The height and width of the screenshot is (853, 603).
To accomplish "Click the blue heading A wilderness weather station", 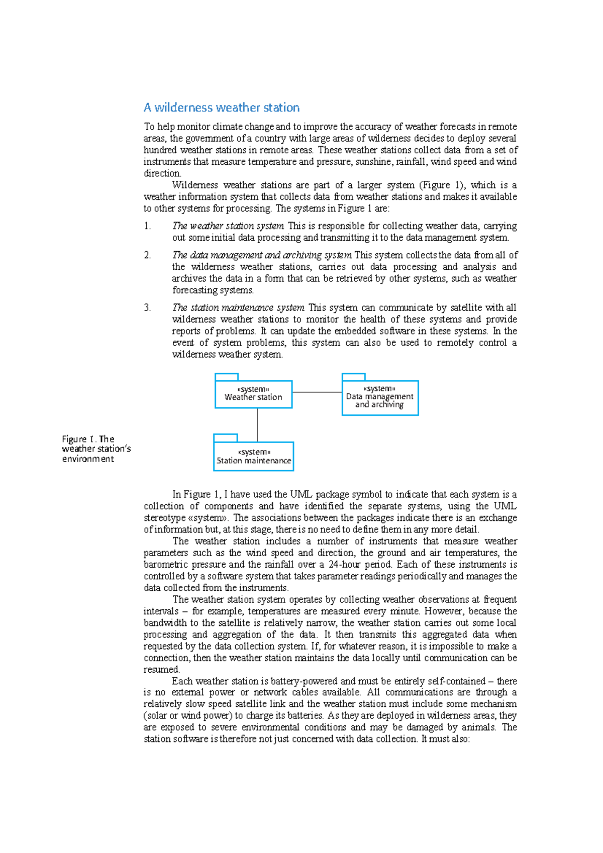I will (x=221, y=108).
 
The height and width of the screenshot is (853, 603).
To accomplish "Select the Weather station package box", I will (x=253, y=394).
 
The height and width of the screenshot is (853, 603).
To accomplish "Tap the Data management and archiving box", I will (x=380, y=398).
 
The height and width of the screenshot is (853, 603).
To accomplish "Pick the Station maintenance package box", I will (x=253, y=456).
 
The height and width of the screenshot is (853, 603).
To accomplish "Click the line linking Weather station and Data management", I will (x=317, y=392).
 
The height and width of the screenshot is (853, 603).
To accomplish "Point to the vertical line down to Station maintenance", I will (x=257, y=425).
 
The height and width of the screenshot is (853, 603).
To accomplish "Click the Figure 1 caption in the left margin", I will (x=95, y=449).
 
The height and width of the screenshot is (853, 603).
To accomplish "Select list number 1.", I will (x=147, y=226).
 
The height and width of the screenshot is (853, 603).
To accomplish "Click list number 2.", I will (x=147, y=255).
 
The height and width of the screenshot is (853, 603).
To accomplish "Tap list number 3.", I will (x=147, y=307).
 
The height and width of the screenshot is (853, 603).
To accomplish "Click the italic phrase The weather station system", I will (x=228, y=226).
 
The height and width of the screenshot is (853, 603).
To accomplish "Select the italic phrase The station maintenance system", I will (x=238, y=307).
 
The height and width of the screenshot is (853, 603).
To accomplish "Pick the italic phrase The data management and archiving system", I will (x=262, y=255).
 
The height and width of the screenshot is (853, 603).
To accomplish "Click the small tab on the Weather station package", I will (x=227, y=377).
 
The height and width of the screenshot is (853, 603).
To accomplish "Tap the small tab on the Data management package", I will (x=353, y=377).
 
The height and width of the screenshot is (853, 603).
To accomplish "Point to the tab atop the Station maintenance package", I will (x=225, y=438).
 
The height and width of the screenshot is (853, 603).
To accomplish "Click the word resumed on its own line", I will (x=161, y=670).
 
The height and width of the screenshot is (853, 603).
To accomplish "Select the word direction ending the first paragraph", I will (x=162, y=173).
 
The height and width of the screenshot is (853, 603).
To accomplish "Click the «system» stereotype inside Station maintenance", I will (x=254, y=452).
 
